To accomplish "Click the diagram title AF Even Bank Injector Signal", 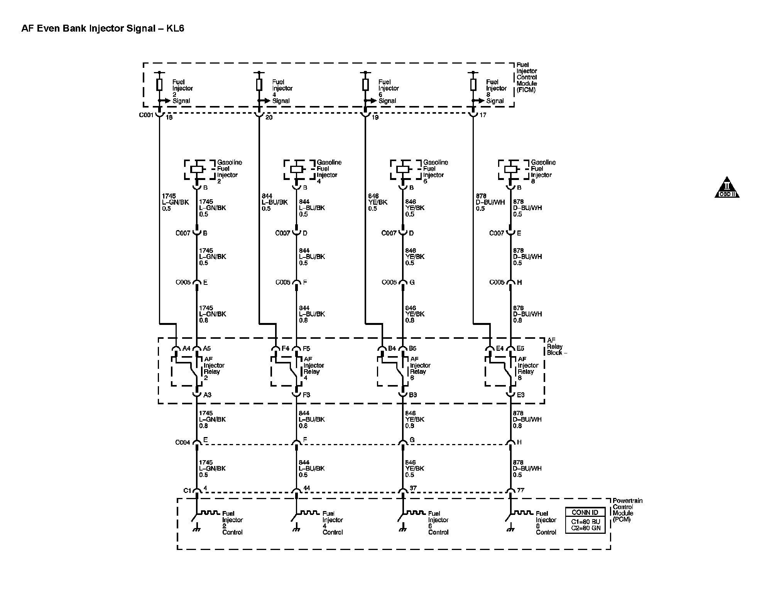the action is tap(103, 29).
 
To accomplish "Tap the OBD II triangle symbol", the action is tap(727, 188).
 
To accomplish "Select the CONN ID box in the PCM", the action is tap(585, 520).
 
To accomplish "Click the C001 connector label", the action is tap(146, 115).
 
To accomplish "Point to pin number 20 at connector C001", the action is tap(269, 117).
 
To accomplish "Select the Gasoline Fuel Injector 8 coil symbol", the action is tap(511, 169).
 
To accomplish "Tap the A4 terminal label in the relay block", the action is tap(186, 348).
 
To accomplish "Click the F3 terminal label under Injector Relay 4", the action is tap(306, 395).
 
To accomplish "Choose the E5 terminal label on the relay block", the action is tap(520, 348).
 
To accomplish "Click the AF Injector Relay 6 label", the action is tap(418, 368).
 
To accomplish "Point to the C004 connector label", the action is tap(182, 442).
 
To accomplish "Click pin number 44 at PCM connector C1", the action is tap(306, 488).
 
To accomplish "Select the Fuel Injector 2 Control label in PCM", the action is tap(232, 523).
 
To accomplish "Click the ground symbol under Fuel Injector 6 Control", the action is tap(402, 530).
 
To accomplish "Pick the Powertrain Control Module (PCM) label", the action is tap(627, 510).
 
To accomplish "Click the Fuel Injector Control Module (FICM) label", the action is tap(527, 77).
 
